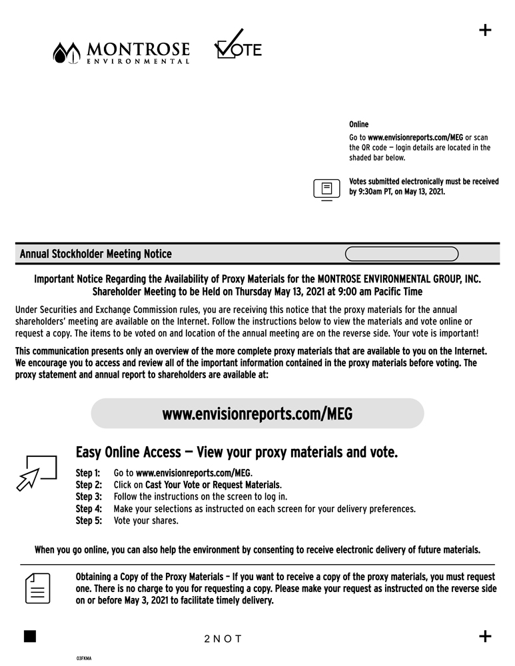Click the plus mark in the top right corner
(485, 30)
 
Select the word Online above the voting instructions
(358, 125)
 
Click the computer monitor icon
(326, 189)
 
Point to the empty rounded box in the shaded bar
(402, 254)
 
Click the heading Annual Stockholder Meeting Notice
(95, 254)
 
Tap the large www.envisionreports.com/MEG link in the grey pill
(257, 414)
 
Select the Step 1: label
(89, 473)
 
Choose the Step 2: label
(89, 485)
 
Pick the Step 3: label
(89, 497)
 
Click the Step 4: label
(89, 509)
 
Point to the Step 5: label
(89, 521)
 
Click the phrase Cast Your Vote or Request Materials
(208, 485)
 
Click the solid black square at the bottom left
(29, 635)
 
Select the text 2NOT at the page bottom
(223, 639)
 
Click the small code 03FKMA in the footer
(83, 658)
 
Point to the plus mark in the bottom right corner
(485, 636)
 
